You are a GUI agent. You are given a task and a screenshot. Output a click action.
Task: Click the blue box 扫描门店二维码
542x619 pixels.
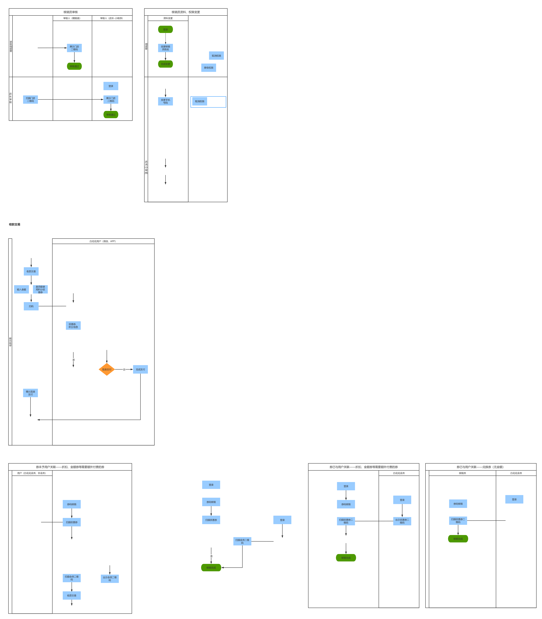(30, 100)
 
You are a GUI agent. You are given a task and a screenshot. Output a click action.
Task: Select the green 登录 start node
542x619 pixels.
(166, 29)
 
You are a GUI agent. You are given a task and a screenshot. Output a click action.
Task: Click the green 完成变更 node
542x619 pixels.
(166, 64)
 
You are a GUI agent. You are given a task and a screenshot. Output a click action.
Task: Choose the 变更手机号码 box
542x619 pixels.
(166, 101)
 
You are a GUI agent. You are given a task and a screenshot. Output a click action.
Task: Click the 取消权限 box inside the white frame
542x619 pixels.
(200, 101)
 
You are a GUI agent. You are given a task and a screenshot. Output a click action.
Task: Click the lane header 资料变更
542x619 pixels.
(168, 18)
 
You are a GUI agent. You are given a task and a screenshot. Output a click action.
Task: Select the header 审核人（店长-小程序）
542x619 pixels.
(112, 18)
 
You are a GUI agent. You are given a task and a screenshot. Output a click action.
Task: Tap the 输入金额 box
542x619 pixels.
(22, 289)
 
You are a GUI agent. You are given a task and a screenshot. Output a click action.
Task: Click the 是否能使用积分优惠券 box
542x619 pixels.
(40, 289)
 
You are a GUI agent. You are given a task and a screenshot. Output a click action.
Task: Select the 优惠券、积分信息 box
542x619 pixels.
(73, 325)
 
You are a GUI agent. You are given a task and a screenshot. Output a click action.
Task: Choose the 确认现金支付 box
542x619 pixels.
(30, 393)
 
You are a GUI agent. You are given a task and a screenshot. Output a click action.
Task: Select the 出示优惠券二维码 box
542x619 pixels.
(402, 521)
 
